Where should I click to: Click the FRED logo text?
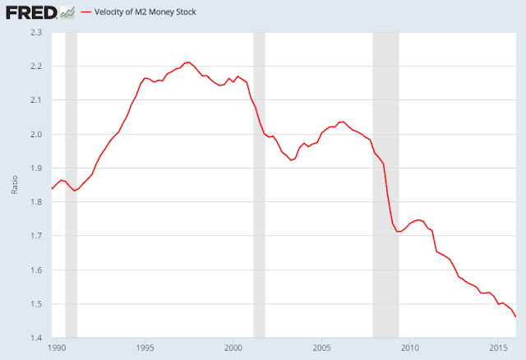(31, 12)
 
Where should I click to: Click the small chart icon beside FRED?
(67, 13)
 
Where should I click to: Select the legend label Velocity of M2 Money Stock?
(145, 12)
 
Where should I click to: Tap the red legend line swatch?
(86, 12)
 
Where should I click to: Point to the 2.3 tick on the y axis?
(36, 32)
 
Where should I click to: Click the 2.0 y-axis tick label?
(36, 134)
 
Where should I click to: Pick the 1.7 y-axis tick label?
(36, 236)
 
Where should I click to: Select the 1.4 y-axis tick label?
(36, 338)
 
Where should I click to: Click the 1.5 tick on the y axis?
(36, 304)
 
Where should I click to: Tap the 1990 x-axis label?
(57, 348)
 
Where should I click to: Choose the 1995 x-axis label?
(145, 348)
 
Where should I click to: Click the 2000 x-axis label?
(233, 348)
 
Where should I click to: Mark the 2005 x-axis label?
(321, 348)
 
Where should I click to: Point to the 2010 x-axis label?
(410, 348)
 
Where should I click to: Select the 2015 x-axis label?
(498, 348)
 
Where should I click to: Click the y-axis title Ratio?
(15, 185)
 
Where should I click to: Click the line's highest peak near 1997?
(188, 62)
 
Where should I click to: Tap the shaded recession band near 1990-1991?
(72, 185)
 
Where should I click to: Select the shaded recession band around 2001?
(260, 185)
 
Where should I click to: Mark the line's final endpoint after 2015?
(515, 316)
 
